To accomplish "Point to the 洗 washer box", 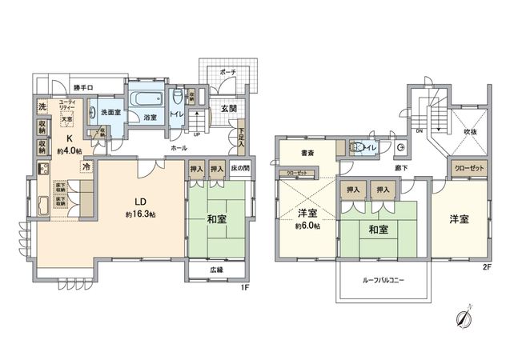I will [42, 106].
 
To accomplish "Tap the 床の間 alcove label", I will [240, 170].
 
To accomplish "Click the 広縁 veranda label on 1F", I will [217, 271].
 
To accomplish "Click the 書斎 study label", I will [307, 153].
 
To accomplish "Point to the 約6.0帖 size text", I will [306, 227].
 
